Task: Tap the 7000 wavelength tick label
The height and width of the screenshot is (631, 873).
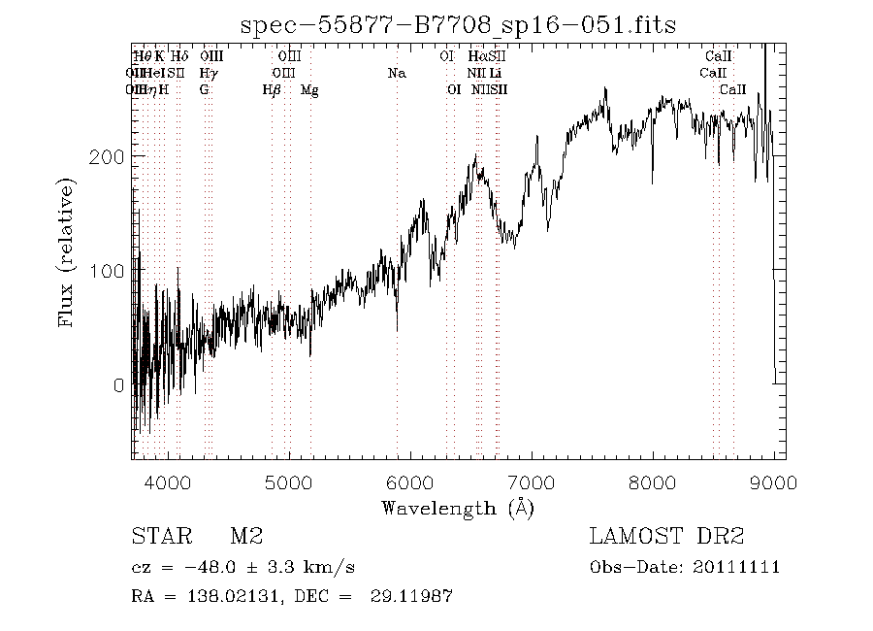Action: coord(531,482)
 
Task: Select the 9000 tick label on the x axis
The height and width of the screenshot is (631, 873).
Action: coord(773,482)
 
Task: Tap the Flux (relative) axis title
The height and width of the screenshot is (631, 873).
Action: coord(68,251)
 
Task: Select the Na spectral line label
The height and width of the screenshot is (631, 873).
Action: coord(396,73)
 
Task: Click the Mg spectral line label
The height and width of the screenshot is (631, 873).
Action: coord(309,90)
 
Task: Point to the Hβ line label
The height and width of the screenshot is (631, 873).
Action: coord(272,90)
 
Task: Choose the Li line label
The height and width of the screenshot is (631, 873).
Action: coord(496,73)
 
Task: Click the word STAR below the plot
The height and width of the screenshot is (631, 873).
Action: coord(160,536)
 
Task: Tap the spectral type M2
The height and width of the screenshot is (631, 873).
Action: coord(246,536)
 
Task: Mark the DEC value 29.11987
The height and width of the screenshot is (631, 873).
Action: coord(411,595)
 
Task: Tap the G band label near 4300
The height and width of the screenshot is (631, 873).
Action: coord(204,90)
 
